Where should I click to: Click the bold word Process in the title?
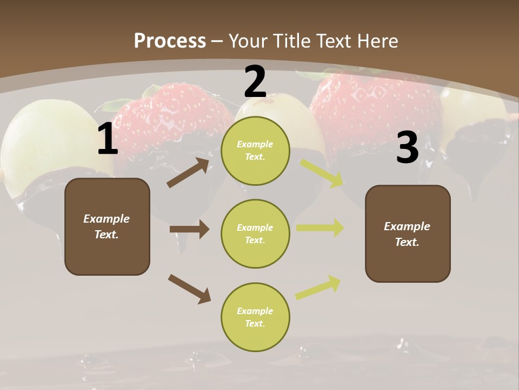coord(170,41)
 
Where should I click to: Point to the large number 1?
coord(108,139)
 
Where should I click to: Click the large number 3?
coord(407,148)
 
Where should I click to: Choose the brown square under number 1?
coord(107,226)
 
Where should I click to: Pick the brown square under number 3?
coord(408,233)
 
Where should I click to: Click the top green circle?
coord(255,151)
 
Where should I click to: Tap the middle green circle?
coord(255,233)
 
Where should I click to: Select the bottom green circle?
coord(255,317)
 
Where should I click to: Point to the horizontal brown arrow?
coord(189,229)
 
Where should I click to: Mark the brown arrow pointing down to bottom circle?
coord(189,288)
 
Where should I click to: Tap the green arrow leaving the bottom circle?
coord(318,288)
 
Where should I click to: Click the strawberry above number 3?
coord(373,103)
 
